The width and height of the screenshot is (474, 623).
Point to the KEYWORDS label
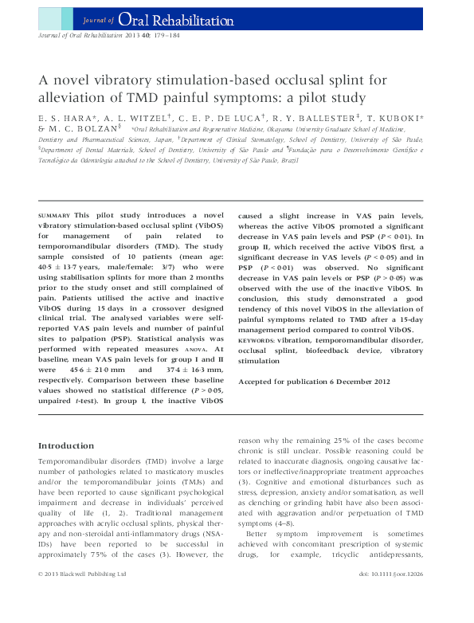coord(260,340)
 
